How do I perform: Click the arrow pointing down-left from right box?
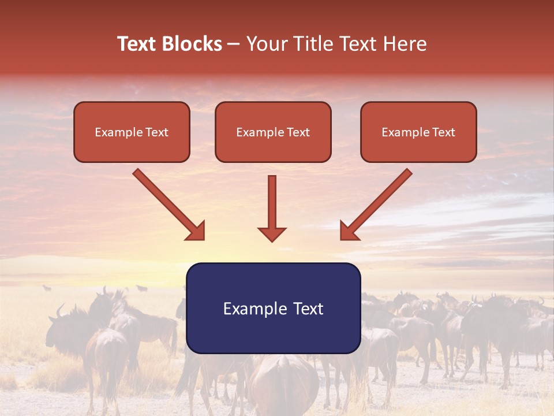click(x=376, y=205)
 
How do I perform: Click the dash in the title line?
click(x=234, y=44)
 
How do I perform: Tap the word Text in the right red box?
click(x=444, y=132)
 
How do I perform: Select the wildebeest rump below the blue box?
click(x=283, y=381)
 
